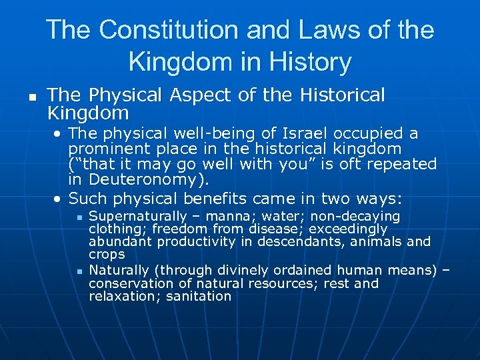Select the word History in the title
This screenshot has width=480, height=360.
click(307, 62)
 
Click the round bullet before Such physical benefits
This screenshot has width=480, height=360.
click(59, 199)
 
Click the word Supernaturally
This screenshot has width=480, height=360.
click(138, 217)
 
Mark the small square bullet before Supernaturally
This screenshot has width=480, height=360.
click(79, 217)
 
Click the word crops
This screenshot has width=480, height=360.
click(107, 255)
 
